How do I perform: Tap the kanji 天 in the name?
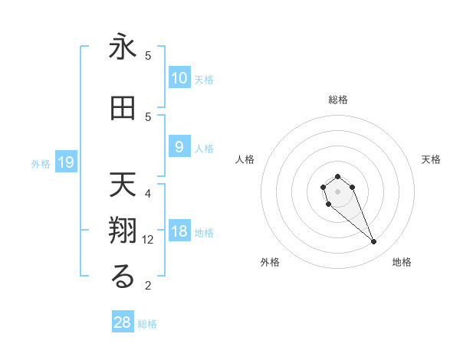pos(123,185)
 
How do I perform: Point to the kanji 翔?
pos(123,231)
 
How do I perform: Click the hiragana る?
pos(123,277)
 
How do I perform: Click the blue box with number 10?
pos(179,78)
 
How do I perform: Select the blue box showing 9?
pos(179,147)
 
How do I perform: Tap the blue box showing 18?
pos(179,232)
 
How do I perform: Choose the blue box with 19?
pos(65,162)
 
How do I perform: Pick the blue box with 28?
pos(123,322)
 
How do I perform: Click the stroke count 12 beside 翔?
pos(148,239)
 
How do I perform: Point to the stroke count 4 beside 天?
pos(148,193)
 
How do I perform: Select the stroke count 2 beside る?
pos(148,286)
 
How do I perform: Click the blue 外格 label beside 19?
pos(41,163)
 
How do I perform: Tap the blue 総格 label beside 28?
pos(147,323)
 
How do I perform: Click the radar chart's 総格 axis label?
pos(337,100)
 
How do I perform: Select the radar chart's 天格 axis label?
pos(431,159)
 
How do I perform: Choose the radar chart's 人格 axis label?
pos(245,159)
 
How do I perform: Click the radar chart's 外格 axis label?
pos(271,262)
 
